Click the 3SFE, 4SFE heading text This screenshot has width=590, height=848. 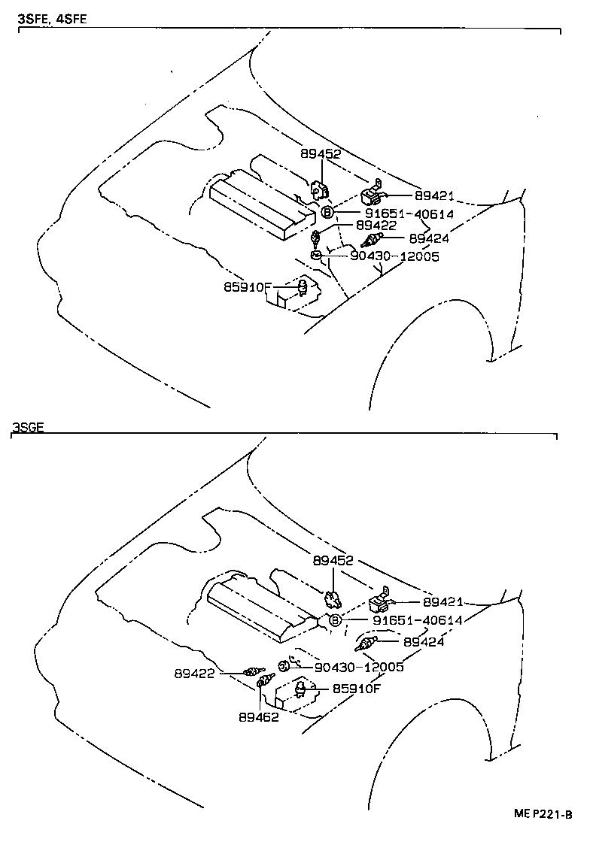click(52, 19)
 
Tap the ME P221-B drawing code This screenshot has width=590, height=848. click(543, 814)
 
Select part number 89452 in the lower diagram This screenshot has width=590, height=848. click(333, 561)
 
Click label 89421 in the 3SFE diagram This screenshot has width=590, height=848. click(433, 195)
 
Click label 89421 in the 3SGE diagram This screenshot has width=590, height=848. click(442, 602)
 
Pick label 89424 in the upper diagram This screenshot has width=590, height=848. click(430, 238)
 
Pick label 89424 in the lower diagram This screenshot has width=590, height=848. click(424, 642)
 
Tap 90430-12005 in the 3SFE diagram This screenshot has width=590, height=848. click(394, 257)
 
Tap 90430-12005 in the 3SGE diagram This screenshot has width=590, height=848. click(359, 667)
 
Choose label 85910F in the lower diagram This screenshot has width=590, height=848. click(357, 688)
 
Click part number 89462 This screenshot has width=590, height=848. click(259, 717)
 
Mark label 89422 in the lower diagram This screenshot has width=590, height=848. click(196, 674)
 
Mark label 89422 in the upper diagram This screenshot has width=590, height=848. click(376, 225)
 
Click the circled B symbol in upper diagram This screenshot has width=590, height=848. click(327, 213)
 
